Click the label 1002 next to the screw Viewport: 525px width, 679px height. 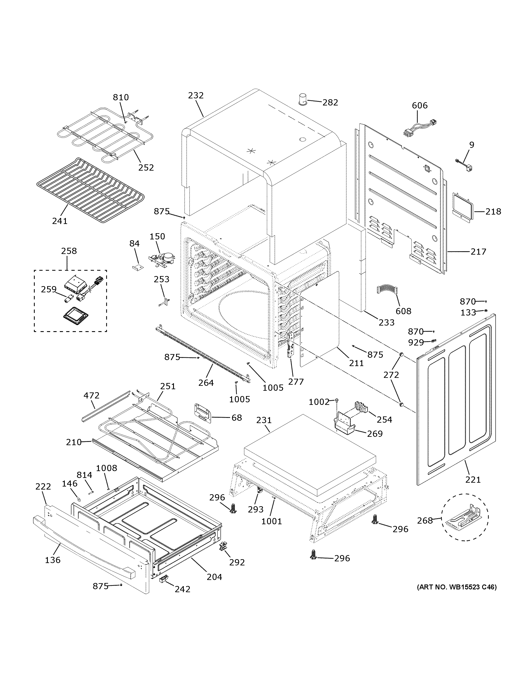tap(319, 402)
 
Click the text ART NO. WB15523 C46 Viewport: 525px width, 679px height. tap(457, 587)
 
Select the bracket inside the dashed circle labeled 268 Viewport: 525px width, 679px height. tap(465, 518)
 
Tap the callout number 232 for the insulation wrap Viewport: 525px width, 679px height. tap(196, 95)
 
